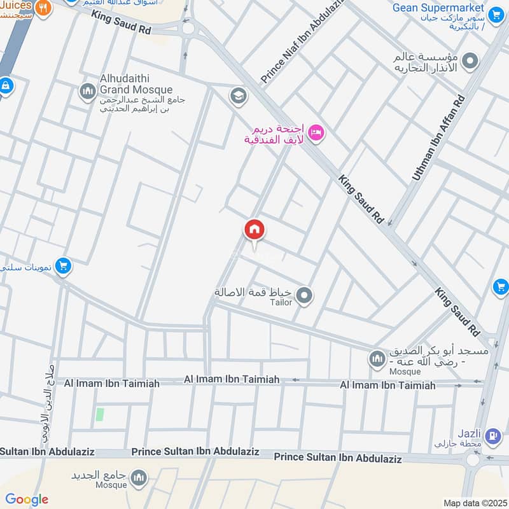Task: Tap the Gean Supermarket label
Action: coord(438,8)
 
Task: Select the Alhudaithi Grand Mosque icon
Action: coord(87,92)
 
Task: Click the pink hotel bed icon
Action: coord(316,132)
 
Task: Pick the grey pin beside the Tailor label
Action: coord(305,295)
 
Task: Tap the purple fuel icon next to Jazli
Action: coord(491,436)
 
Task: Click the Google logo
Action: coord(27,499)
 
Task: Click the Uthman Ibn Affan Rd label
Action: coord(439,137)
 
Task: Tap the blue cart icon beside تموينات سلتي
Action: coord(62,265)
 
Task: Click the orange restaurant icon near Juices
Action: coord(43,8)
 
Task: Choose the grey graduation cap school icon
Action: coord(239,96)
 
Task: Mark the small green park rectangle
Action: coord(99,414)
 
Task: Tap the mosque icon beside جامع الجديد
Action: coord(138,477)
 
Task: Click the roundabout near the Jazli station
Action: coord(472,459)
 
